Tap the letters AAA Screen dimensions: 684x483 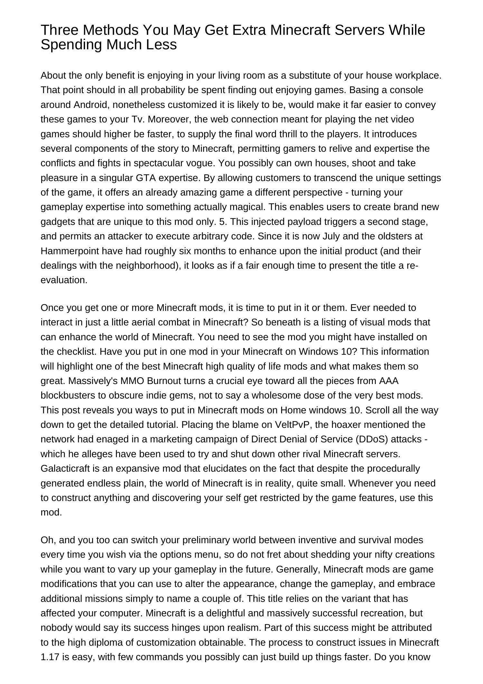[389, 381]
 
